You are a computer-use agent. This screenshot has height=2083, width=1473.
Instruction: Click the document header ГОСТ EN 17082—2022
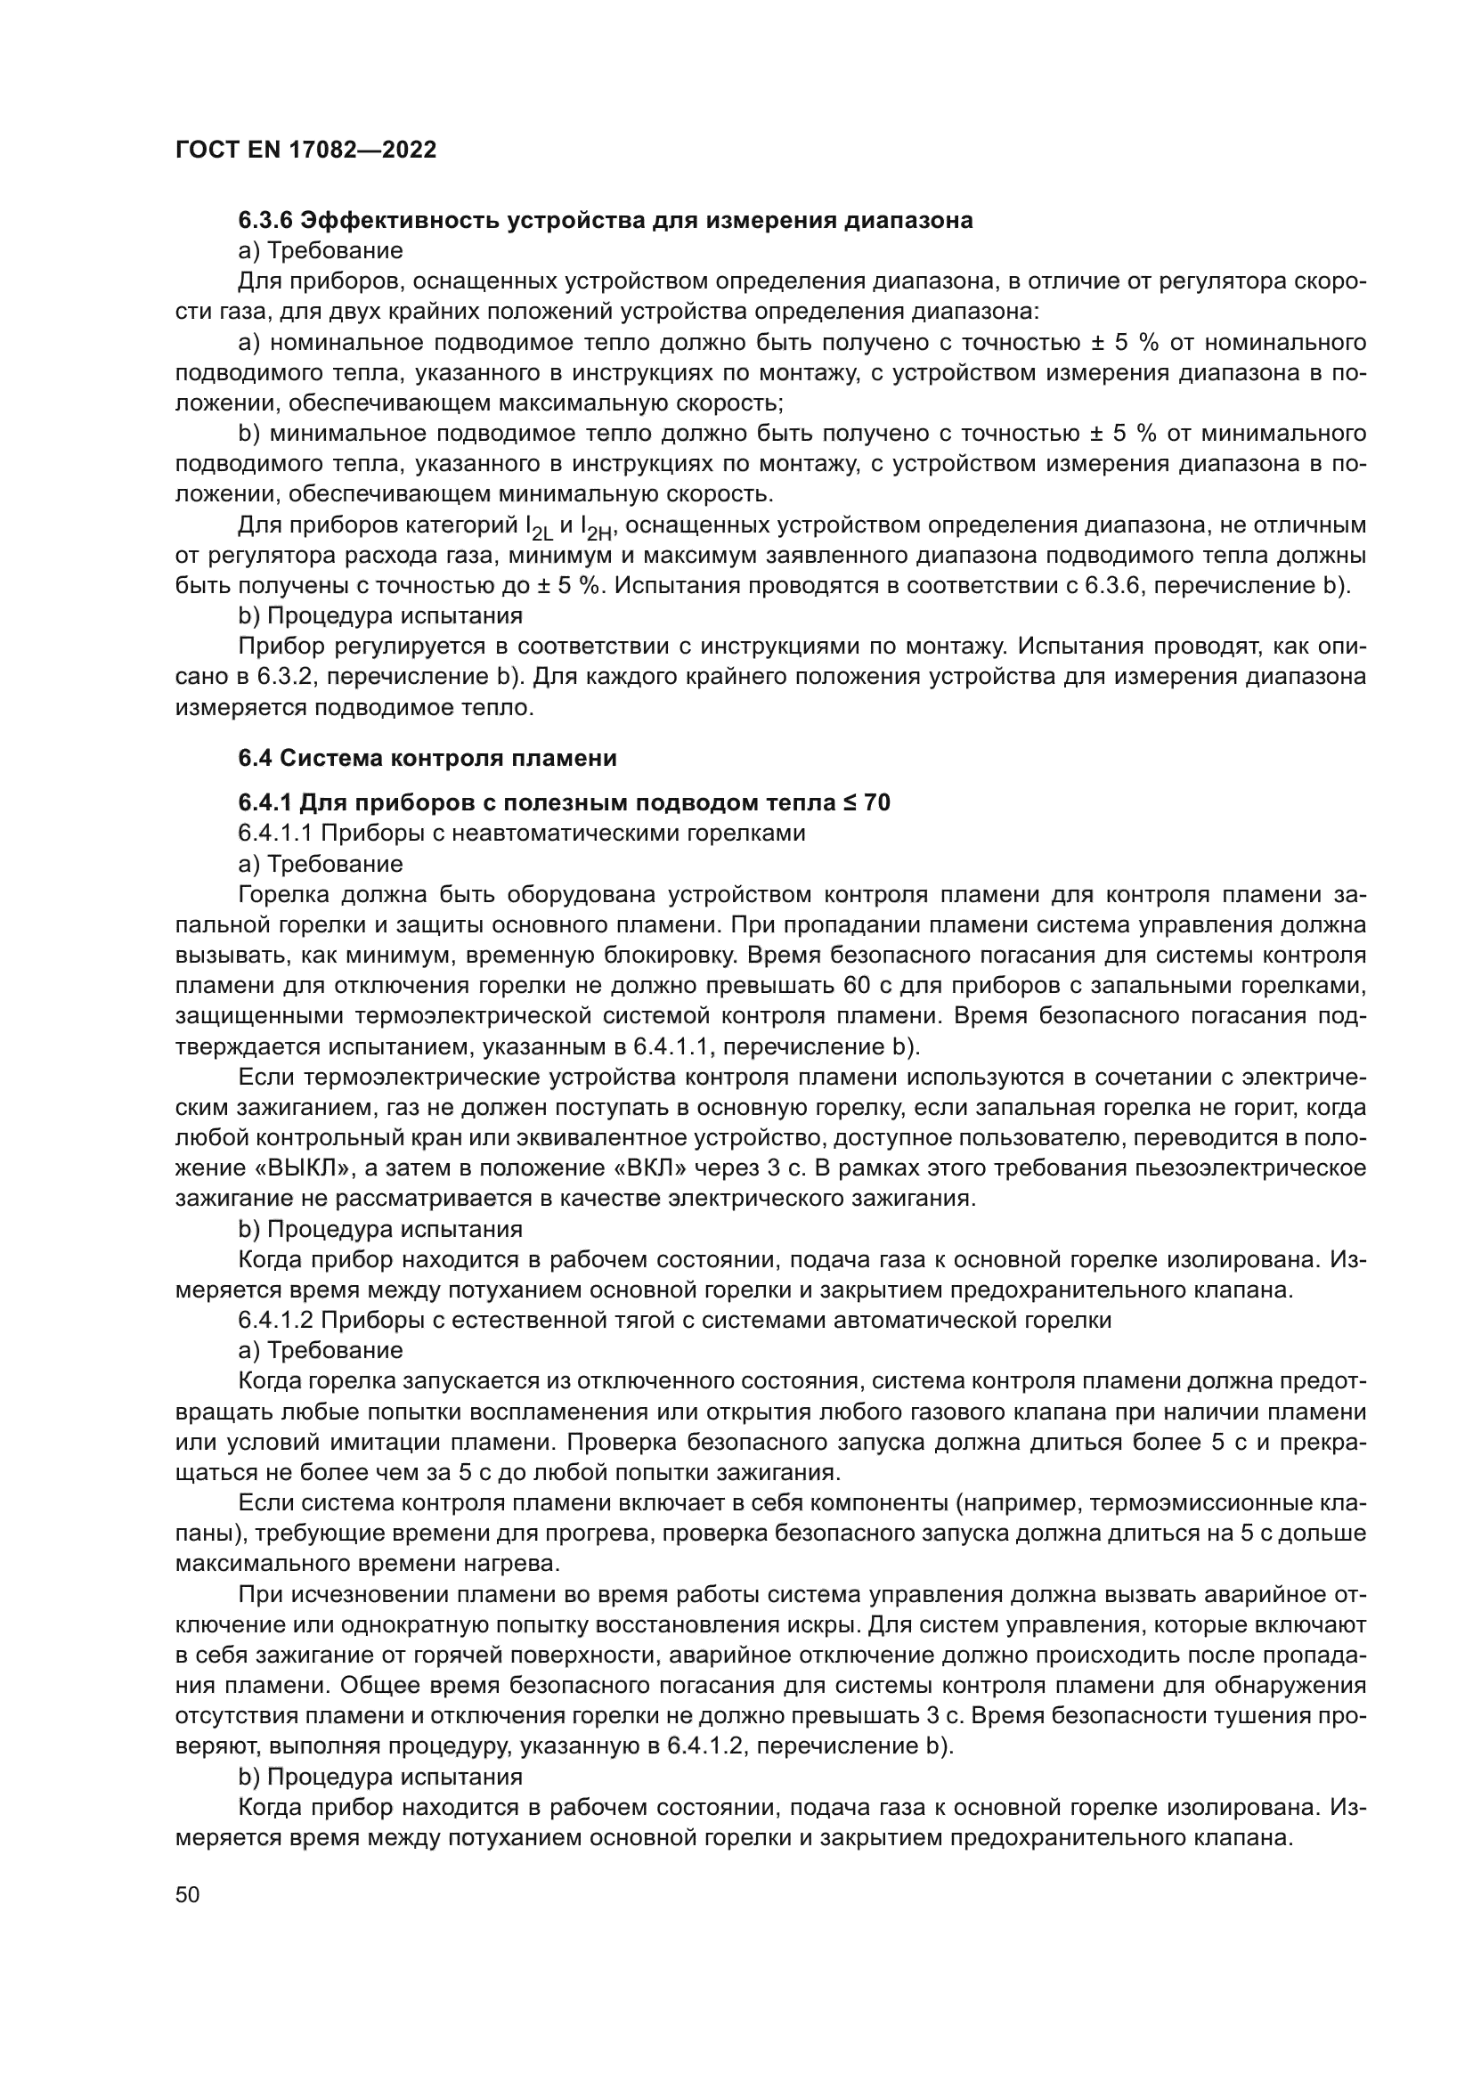tap(305, 150)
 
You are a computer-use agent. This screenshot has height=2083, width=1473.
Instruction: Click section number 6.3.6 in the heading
tap(264, 221)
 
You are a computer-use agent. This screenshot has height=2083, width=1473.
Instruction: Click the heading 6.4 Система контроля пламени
tap(427, 758)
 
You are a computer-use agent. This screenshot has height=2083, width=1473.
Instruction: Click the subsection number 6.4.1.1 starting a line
tap(275, 833)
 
